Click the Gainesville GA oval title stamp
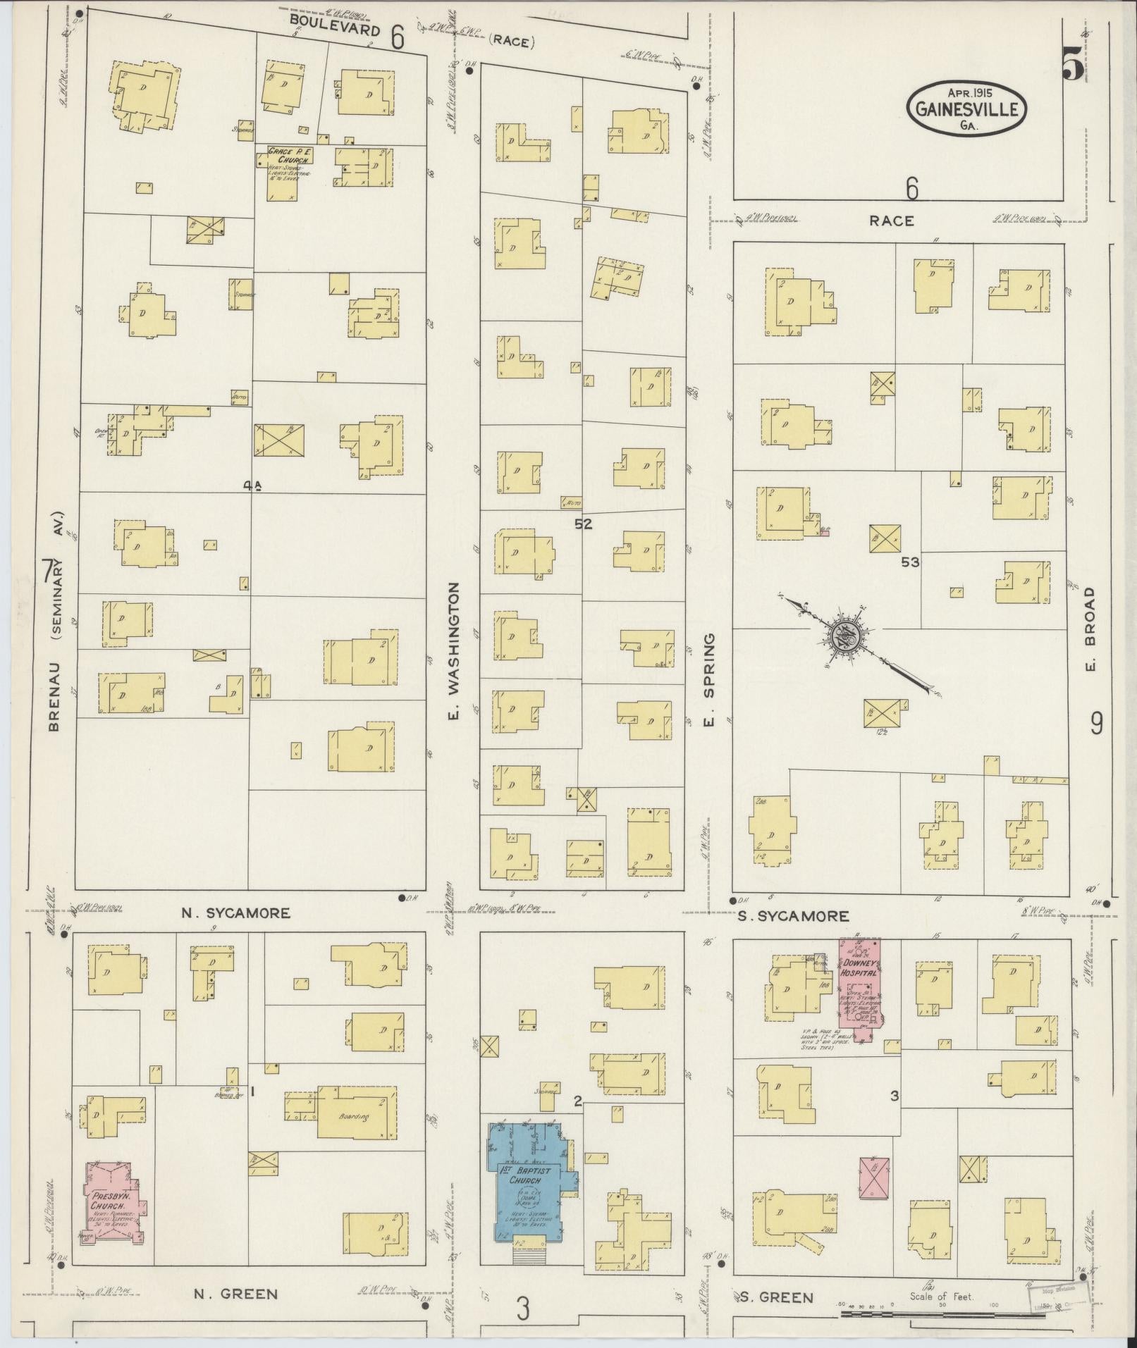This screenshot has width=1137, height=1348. (x=966, y=109)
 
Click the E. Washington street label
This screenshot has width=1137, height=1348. (x=455, y=651)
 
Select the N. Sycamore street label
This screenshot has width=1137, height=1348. (x=235, y=913)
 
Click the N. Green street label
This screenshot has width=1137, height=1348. (x=235, y=1294)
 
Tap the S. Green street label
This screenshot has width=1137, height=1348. (x=777, y=1297)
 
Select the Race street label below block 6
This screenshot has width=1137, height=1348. (x=891, y=221)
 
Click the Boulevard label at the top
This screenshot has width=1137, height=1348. (x=335, y=30)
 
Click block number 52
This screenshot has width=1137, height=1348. (x=583, y=524)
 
